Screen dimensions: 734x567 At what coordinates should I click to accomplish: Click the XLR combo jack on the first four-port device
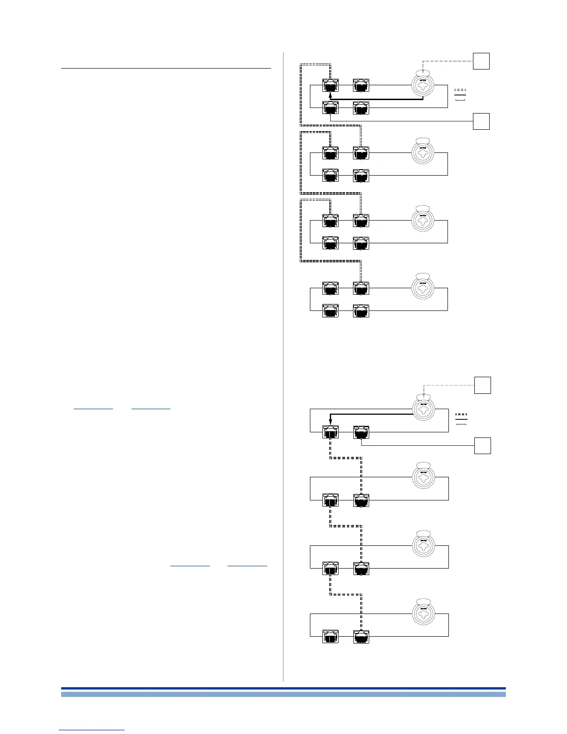tap(425, 85)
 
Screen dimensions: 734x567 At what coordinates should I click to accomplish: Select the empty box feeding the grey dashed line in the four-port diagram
tap(481, 61)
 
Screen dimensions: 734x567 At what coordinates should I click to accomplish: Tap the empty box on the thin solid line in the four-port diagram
tap(481, 121)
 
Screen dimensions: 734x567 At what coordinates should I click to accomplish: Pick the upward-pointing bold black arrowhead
tap(330, 95)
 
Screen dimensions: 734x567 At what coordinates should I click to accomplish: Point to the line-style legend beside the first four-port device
tap(460, 94)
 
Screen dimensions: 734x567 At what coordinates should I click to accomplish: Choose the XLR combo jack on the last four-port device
tap(425, 288)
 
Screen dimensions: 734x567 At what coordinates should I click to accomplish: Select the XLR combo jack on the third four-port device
tap(425, 220)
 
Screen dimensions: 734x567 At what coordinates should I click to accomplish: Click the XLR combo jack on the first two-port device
tap(425, 408)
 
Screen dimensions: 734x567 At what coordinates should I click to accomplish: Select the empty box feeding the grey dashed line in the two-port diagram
tap(482, 385)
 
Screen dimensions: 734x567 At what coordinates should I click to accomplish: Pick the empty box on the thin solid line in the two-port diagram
tap(482, 446)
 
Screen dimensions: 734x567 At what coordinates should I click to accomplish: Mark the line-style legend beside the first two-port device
tap(461, 418)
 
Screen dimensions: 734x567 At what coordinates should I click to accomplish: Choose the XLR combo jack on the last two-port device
tap(425, 613)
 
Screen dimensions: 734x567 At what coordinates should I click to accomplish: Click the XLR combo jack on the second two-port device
tap(425, 477)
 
